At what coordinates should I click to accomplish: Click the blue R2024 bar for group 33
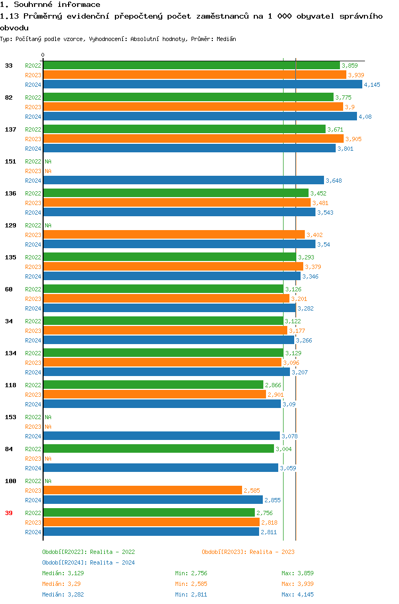(x=202, y=85)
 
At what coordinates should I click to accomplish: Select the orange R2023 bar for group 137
(x=193, y=139)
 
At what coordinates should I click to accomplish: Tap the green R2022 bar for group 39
(x=149, y=513)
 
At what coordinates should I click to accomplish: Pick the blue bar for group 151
(x=183, y=181)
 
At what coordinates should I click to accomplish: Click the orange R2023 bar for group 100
(x=142, y=491)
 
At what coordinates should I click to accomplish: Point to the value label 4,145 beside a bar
(x=372, y=85)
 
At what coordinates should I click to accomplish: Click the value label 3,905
(x=353, y=139)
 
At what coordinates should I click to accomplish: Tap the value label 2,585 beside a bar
(x=252, y=491)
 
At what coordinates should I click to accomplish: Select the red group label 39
(x=9, y=513)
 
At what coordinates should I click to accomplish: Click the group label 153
(x=10, y=417)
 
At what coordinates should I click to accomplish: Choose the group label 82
(x=9, y=97)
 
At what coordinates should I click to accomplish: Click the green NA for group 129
(x=48, y=225)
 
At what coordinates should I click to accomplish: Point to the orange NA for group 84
(x=48, y=459)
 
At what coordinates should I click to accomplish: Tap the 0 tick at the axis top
(x=43, y=55)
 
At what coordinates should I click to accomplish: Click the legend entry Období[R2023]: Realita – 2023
(x=248, y=552)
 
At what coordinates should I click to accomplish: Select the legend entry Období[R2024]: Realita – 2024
(x=88, y=562)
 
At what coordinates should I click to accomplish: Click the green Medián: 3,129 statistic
(x=63, y=573)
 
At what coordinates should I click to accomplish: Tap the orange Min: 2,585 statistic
(x=191, y=584)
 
